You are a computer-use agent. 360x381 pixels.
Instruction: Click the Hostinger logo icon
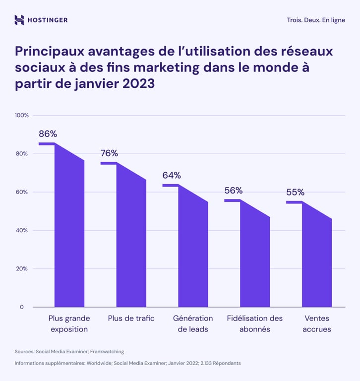click(x=19, y=20)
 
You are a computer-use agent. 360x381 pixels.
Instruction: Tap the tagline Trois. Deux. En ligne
click(x=316, y=20)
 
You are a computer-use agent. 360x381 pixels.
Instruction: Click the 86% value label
click(x=48, y=134)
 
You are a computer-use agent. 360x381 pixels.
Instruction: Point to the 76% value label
click(x=109, y=153)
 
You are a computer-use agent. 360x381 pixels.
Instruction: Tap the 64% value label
click(x=172, y=175)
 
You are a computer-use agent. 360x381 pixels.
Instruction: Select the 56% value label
click(x=233, y=190)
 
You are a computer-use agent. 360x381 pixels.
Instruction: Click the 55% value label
click(x=295, y=192)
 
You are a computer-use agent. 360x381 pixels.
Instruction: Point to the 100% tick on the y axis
click(x=22, y=116)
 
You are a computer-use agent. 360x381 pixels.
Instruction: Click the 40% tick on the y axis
click(x=23, y=231)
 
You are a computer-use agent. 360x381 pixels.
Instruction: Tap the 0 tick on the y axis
click(x=22, y=307)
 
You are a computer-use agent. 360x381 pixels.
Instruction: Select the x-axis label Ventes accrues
click(x=316, y=323)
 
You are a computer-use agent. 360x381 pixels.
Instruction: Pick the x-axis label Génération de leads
click(x=193, y=323)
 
